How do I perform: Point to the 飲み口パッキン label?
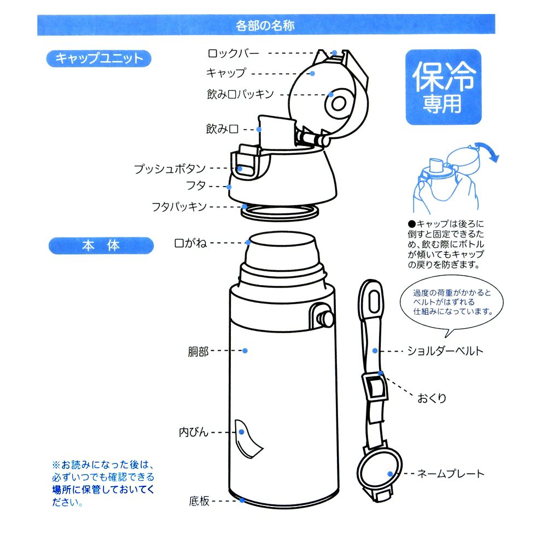tap(240, 94)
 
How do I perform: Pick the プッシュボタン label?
tap(170, 169)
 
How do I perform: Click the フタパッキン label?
tap(179, 207)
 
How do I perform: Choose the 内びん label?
tap(194, 432)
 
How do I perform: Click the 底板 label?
tap(199, 501)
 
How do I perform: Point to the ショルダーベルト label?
tap(445, 351)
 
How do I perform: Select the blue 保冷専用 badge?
tap(443, 88)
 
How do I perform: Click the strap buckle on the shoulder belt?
tap(375, 387)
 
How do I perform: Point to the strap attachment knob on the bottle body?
tap(324, 317)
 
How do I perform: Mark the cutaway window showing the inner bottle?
tap(248, 438)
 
